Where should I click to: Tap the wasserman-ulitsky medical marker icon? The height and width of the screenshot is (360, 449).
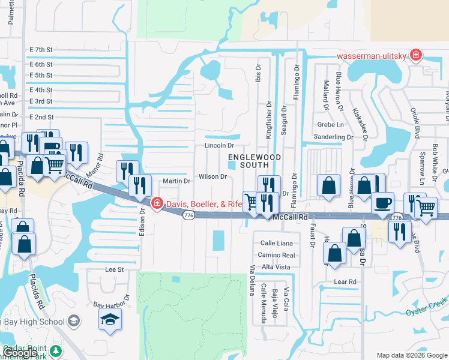[415, 56]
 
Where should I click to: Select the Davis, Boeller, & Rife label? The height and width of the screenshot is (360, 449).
[203, 204]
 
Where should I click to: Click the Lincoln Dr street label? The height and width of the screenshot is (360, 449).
[218, 145]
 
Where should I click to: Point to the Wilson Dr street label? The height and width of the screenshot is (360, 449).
[213, 176]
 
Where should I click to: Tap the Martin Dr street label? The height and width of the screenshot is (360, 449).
[176, 181]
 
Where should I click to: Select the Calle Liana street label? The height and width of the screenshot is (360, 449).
[276, 243]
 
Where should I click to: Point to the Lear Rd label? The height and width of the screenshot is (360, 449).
[345, 281]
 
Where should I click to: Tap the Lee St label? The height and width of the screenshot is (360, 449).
[114, 270]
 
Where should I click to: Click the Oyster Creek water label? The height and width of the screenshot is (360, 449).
[427, 309]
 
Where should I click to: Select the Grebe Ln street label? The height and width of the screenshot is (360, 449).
[331, 125]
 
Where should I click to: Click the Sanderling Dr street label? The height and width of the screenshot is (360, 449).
[334, 137]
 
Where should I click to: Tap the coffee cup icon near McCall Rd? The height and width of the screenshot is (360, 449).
[382, 203]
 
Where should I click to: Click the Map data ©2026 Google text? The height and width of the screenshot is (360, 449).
[411, 355]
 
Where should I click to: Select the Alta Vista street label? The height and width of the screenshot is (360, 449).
[276, 266]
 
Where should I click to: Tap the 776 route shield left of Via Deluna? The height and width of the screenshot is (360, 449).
[188, 215]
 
